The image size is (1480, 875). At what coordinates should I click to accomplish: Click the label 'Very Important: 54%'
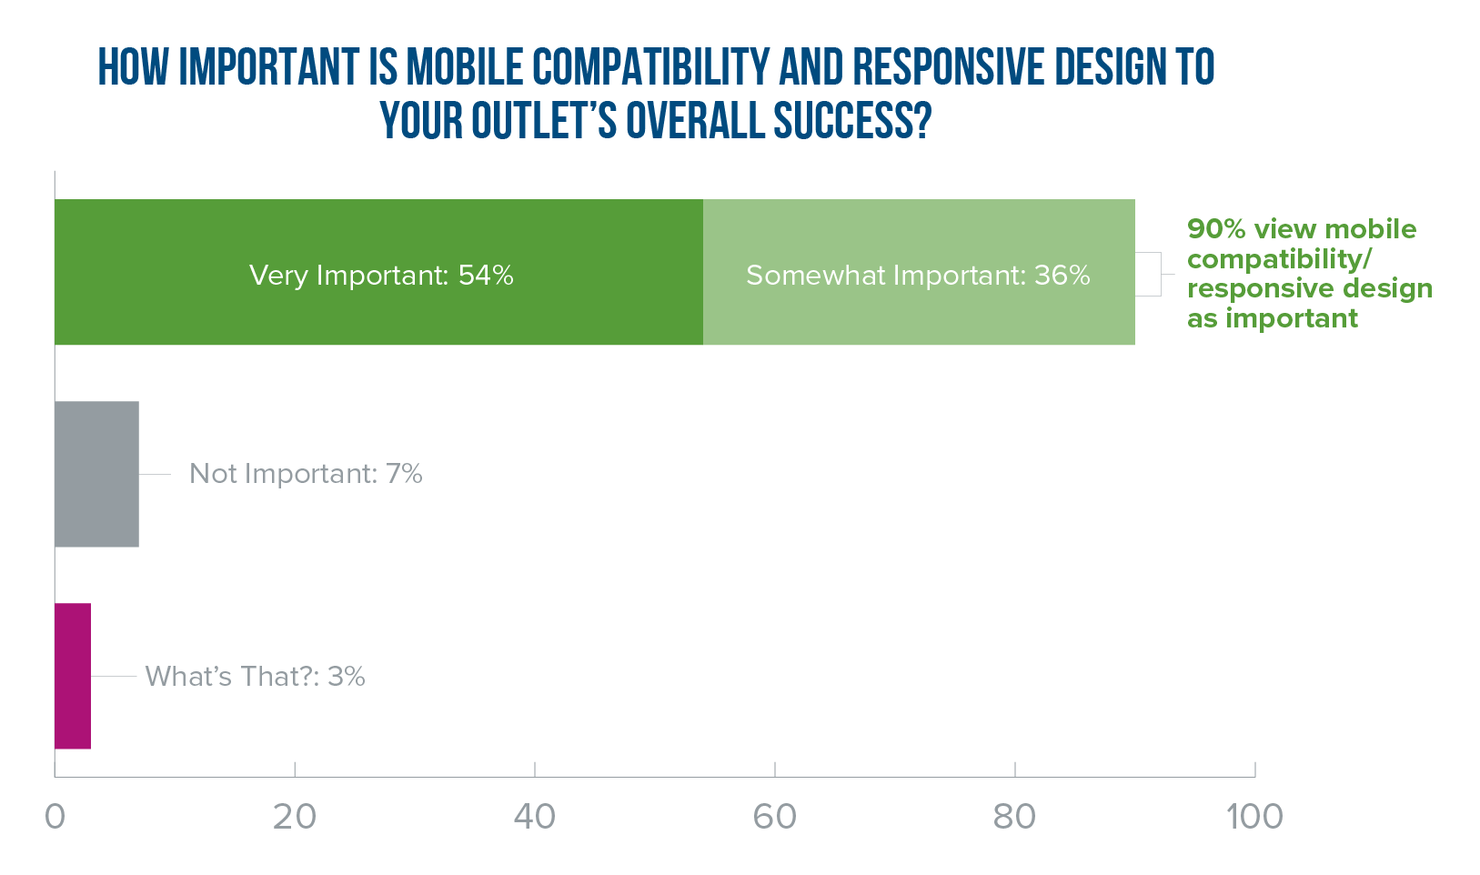(381, 275)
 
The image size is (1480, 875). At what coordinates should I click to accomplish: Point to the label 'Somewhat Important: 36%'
(918, 275)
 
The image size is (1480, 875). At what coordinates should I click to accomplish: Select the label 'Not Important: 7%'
(306, 474)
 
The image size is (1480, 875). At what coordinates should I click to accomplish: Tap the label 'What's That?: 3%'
(255, 676)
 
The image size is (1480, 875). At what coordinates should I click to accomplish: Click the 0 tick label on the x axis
(55, 817)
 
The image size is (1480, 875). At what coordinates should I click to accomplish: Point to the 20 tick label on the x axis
(295, 817)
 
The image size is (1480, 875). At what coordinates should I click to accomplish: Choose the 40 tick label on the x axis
(535, 817)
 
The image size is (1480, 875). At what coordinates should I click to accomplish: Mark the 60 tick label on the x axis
(775, 817)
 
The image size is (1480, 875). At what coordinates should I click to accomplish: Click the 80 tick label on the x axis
(1015, 817)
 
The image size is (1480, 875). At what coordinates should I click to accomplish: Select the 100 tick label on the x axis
(1254, 817)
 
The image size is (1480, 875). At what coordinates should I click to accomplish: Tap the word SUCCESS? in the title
(852, 120)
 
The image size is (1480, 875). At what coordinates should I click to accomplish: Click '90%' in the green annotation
(1216, 229)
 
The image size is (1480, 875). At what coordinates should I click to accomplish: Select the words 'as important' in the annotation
(1272, 318)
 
